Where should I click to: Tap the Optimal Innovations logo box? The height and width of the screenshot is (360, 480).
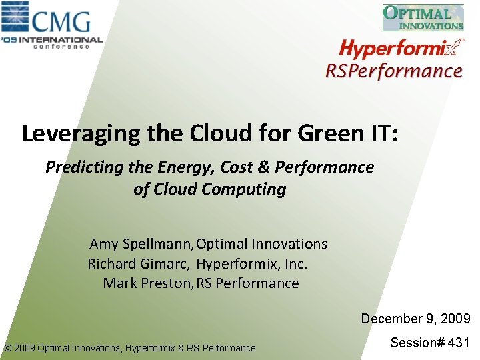(423, 17)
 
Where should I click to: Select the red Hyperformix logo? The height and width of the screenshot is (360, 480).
(401, 48)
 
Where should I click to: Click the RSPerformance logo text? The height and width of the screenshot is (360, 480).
(394, 71)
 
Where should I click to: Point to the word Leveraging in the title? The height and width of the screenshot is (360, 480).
(81, 133)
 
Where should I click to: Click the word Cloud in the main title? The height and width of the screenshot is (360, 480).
(221, 133)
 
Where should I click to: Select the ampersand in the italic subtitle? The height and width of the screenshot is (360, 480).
(263, 167)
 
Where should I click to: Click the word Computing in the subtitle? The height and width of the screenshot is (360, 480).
(244, 189)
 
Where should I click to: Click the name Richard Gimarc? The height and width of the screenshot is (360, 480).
(139, 263)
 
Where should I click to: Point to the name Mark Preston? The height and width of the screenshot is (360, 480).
(147, 283)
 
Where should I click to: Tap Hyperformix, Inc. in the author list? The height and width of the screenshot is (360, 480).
(251, 264)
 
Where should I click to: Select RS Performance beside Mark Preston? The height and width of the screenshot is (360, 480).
(247, 283)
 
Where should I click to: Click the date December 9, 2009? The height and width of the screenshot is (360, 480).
(416, 319)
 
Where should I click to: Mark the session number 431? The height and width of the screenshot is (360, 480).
(459, 343)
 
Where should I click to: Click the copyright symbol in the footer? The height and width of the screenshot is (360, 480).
(8, 348)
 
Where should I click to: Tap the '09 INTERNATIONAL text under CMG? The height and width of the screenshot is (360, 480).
(51, 40)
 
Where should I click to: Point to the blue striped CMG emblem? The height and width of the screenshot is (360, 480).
(15, 17)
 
